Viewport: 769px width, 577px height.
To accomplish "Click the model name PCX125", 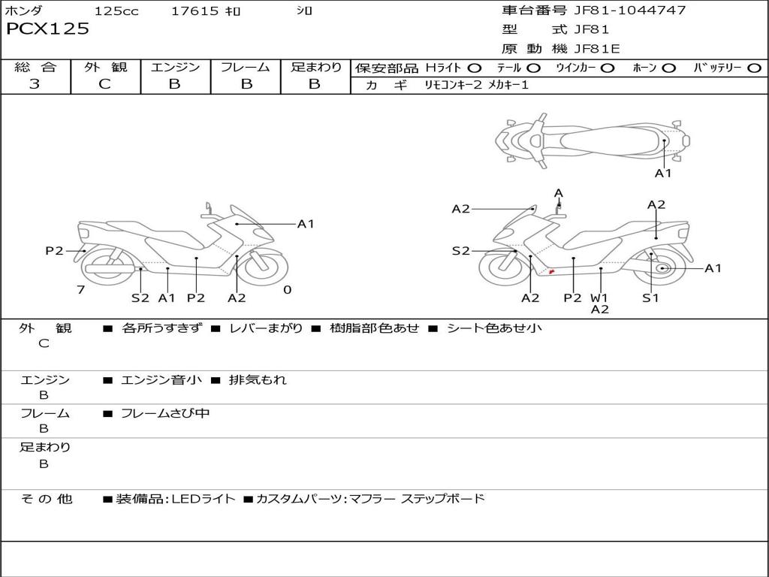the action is pos(47,29).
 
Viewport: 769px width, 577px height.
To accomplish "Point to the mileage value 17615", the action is pos(195,11).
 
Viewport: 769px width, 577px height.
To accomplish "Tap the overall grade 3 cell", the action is pos(35,84).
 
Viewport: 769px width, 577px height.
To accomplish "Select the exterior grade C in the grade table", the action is pos(104,84).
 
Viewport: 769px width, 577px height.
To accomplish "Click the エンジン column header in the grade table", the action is pos(175,67).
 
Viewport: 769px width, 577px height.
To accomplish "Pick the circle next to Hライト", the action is pos(475,68).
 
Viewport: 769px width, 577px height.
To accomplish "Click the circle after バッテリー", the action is pos(754,68).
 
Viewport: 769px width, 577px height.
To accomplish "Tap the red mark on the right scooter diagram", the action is pos(552,271).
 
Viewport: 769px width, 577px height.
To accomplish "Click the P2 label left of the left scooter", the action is pos(54,251).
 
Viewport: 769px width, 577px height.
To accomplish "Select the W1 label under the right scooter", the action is pos(599,298).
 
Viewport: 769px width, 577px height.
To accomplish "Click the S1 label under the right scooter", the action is pos(650,298).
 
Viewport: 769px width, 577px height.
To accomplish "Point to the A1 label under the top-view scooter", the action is pos(663,174).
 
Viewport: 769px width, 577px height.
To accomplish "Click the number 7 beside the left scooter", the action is pos(80,289).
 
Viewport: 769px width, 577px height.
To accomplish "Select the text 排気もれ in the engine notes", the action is pos(258,380).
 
